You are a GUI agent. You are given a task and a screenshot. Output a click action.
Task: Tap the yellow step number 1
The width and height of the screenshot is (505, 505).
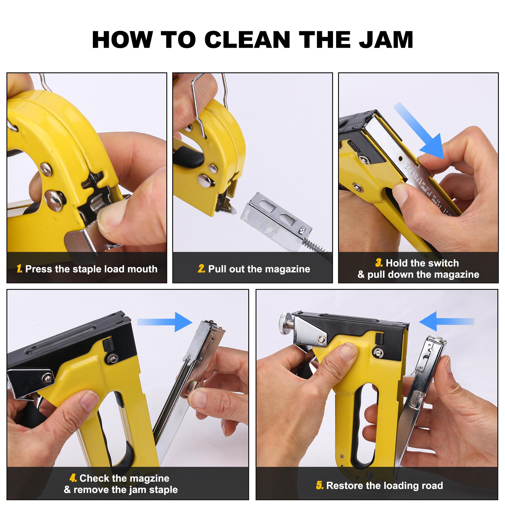(x=19, y=269)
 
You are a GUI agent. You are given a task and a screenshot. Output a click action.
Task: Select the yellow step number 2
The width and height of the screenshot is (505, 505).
(x=201, y=269)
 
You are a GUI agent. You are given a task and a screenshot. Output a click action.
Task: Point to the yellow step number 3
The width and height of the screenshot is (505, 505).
(x=379, y=263)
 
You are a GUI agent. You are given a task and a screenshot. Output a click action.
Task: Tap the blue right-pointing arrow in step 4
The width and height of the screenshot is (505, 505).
(x=164, y=322)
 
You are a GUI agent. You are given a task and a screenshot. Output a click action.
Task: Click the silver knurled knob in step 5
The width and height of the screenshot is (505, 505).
(x=286, y=323)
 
